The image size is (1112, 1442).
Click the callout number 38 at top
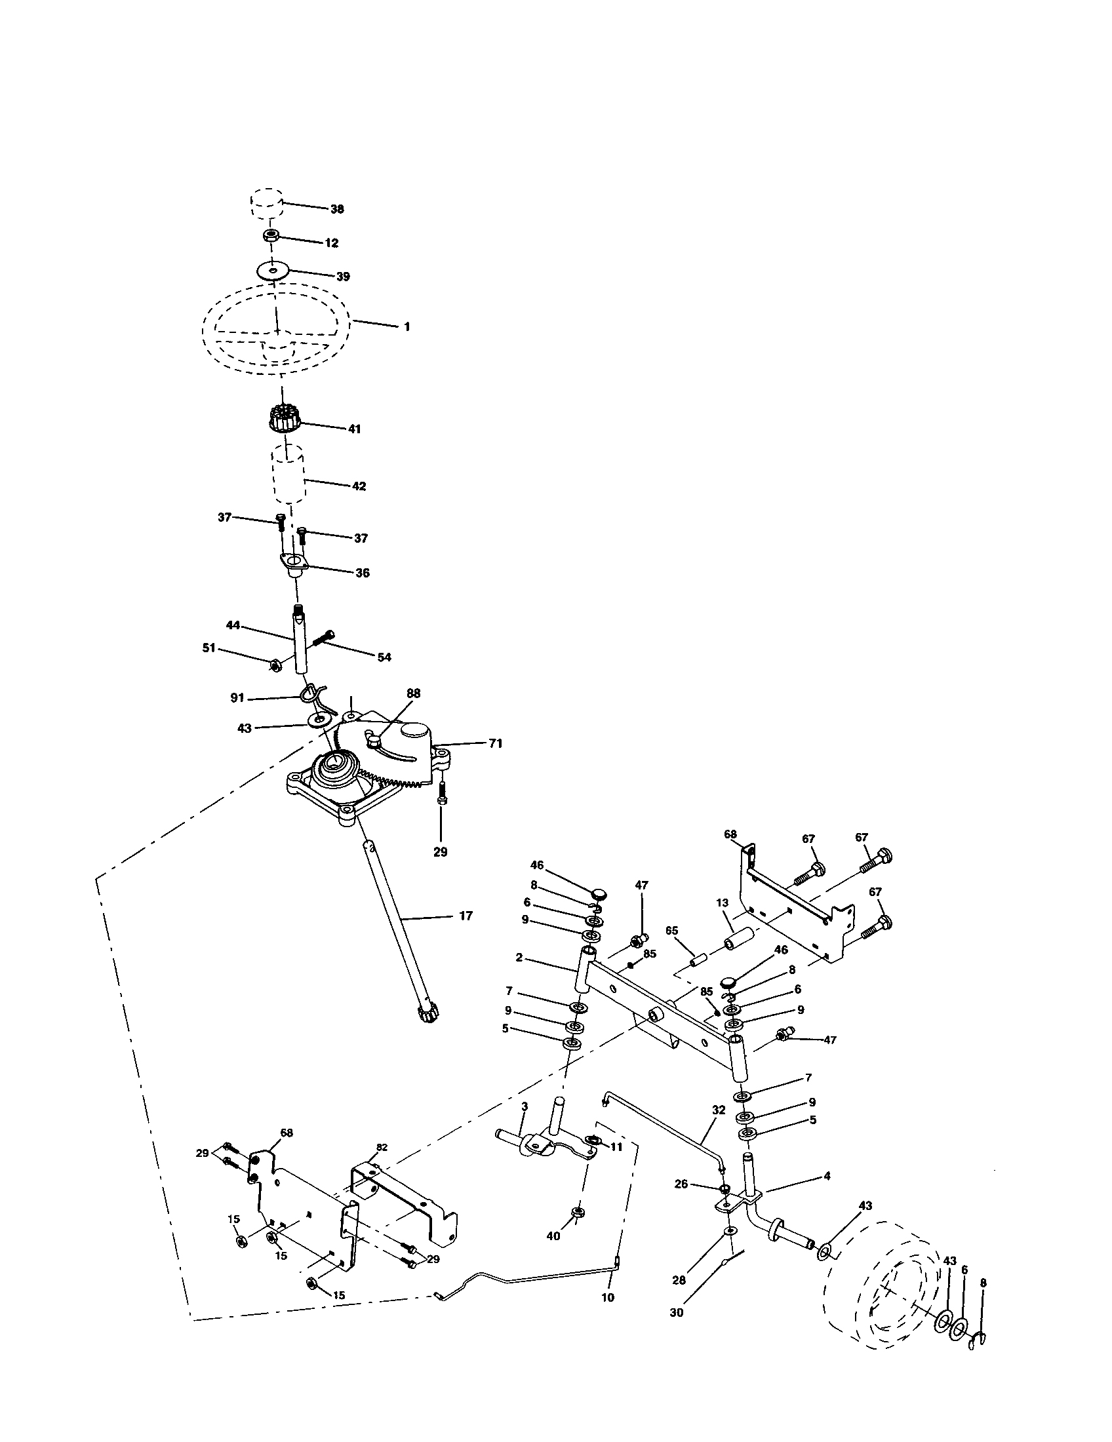[x=337, y=208]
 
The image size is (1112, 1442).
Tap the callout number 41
[x=354, y=429]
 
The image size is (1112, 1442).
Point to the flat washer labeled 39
[x=273, y=271]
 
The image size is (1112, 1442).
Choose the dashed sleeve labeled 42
[x=288, y=474]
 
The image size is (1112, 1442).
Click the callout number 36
[x=362, y=572]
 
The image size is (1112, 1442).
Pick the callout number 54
[x=384, y=657]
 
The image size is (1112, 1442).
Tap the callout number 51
[x=209, y=648]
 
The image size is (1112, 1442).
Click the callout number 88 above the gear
[x=413, y=693]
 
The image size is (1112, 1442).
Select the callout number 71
[x=495, y=743]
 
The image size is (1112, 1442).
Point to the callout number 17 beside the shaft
[x=466, y=916]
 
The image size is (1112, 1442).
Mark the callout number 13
[x=722, y=903]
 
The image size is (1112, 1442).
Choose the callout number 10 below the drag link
[x=608, y=1297]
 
